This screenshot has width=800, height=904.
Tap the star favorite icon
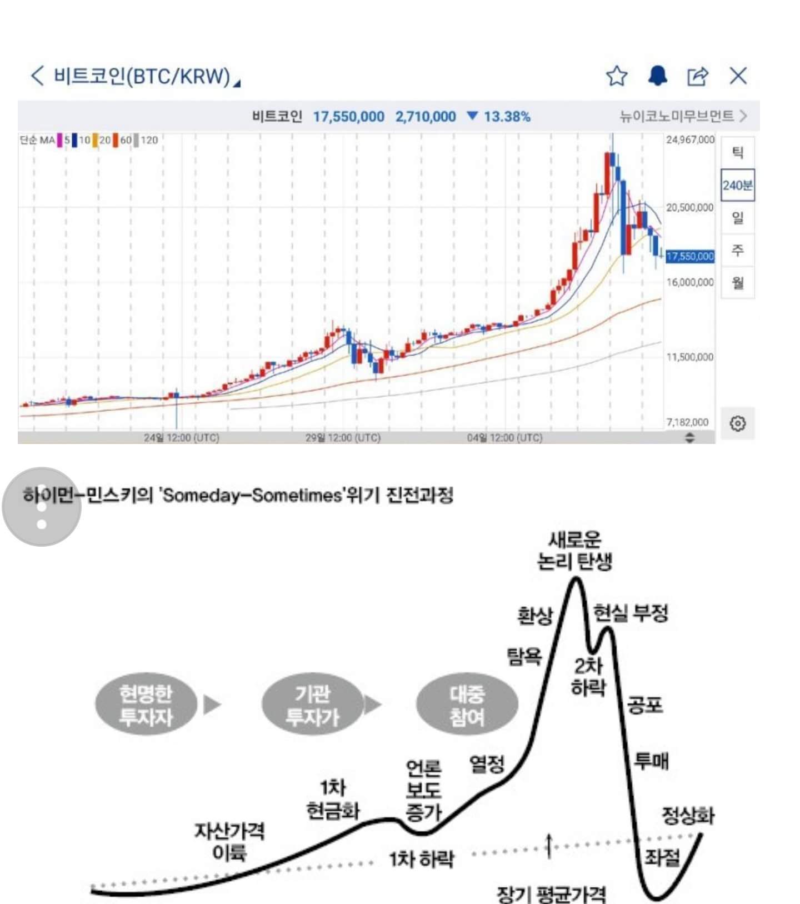617,76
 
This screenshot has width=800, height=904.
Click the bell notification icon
658,76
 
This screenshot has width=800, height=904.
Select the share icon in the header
698,76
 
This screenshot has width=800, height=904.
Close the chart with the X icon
738,76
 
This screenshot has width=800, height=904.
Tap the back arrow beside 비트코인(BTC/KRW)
37,76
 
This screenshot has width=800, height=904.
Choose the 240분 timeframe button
737,185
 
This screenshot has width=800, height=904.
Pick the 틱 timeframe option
737,152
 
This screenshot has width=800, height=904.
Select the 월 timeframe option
737,283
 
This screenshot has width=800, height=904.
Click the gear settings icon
737,423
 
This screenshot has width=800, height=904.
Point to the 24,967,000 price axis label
690,139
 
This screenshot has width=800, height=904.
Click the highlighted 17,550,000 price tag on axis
690,256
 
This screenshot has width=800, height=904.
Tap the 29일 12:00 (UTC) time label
343,438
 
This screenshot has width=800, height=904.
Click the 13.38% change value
506,117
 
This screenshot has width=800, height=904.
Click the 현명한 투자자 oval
146,705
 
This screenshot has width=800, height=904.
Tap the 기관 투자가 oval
312,705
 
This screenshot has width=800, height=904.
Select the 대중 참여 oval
467,705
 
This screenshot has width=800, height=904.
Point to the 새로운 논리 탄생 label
574,551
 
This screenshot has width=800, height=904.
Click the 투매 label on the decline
651,760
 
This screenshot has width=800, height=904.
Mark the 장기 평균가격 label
551,893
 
